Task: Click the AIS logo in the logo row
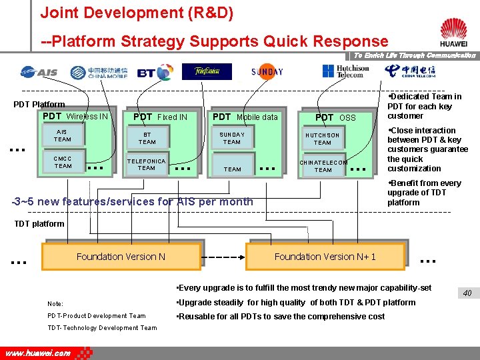(39, 72)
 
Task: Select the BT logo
(154, 72)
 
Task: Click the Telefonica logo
(207, 71)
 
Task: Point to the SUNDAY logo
(267, 72)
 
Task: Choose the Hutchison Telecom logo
(345, 71)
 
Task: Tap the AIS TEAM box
(62, 136)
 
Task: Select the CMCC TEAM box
(63, 162)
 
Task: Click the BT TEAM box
(147, 138)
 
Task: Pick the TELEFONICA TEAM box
(147, 165)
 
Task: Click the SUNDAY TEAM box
(232, 138)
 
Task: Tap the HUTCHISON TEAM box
(323, 139)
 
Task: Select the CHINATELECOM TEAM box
(323, 166)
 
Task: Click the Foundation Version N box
(121, 257)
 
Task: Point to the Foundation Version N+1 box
(325, 257)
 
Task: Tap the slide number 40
(467, 293)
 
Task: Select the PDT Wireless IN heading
(75, 117)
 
